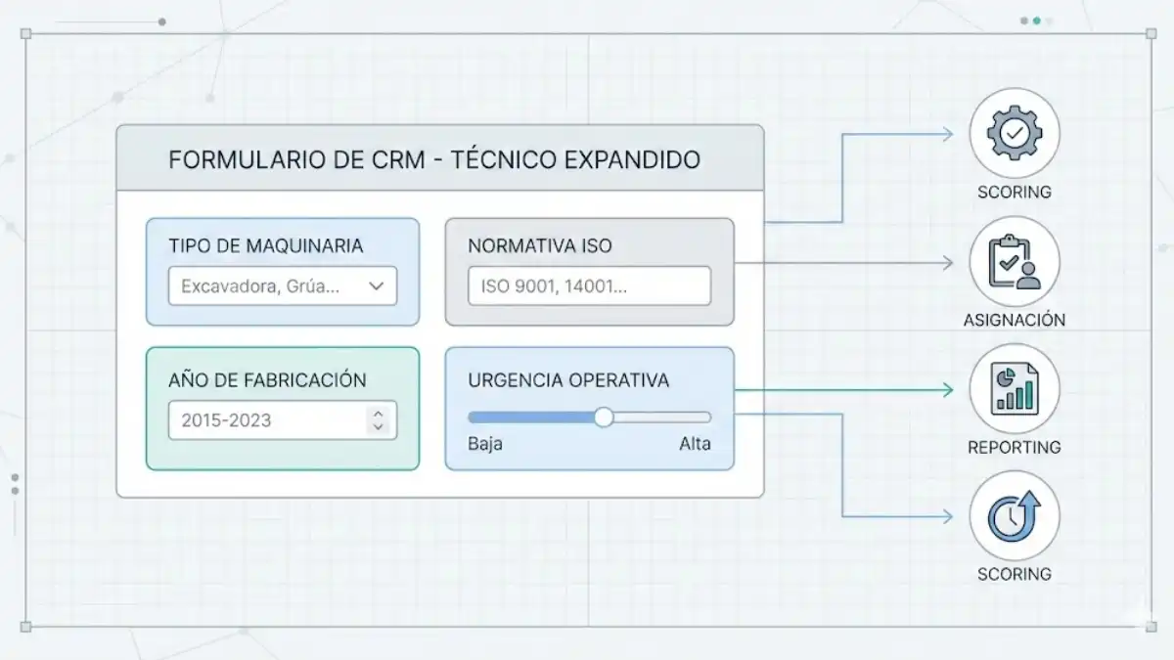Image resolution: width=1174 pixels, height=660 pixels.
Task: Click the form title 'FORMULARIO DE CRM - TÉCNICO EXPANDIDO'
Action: point(434,159)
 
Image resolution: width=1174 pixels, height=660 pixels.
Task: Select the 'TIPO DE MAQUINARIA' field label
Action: point(265,245)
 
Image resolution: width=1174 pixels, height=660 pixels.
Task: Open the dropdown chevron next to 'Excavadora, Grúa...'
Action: point(377,286)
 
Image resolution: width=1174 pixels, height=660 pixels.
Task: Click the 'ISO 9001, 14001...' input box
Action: point(589,286)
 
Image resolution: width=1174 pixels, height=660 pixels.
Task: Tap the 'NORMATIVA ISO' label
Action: point(539,245)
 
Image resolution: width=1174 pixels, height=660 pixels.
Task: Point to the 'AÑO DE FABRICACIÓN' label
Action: point(267,380)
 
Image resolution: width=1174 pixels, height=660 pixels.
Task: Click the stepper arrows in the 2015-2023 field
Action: point(378,420)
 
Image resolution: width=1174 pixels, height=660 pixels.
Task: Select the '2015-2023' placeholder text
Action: point(226,421)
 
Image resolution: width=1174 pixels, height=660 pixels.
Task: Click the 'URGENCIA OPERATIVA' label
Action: point(568,380)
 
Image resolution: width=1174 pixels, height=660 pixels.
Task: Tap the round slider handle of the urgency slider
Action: point(604,418)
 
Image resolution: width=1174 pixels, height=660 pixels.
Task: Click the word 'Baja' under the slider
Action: point(484,444)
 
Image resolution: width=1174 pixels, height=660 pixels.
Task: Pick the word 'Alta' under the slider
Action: point(695,444)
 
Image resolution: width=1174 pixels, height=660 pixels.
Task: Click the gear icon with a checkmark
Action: point(1015,133)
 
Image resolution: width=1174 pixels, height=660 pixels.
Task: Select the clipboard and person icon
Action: point(1015,261)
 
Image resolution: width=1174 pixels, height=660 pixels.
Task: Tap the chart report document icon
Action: point(1015,388)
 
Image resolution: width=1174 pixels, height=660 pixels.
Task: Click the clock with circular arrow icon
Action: point(1015,516)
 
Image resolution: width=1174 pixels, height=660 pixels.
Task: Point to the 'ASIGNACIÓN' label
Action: point(1015,320)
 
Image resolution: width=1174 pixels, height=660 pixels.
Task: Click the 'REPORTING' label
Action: point(1015,448)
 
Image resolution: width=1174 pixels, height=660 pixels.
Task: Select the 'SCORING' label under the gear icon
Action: point(1015,193)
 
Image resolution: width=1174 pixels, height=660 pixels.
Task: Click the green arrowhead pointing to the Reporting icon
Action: point(946,390)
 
